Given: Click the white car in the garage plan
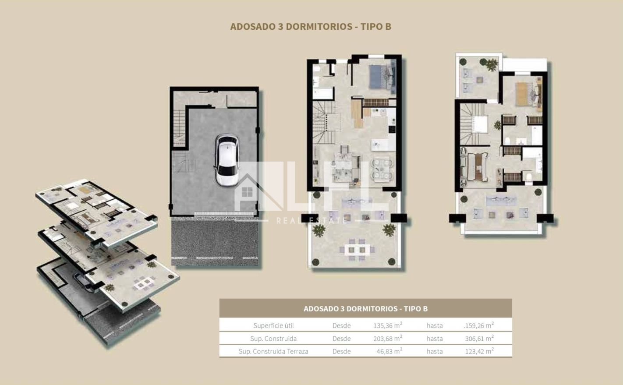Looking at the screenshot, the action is [227, 160].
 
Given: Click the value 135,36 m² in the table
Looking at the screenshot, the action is [388, 325].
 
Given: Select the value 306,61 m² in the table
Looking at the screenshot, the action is [479, 338].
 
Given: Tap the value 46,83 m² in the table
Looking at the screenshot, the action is [389, 351].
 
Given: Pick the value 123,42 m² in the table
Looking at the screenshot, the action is [479, 351].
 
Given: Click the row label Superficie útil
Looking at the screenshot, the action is [273, 325].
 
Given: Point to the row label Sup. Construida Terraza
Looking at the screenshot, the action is [273, 351].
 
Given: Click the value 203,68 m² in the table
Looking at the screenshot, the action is [388, 338].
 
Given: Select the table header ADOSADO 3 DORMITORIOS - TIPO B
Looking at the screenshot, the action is [365, 308].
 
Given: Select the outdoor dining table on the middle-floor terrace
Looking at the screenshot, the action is [357, 250].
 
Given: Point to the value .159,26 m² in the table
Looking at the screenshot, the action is [479, 325].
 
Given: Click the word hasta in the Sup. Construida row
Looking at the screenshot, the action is [435, 339].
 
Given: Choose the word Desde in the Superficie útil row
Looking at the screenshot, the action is [342, 325].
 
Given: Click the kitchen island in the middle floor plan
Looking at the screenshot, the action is [380, 145].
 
